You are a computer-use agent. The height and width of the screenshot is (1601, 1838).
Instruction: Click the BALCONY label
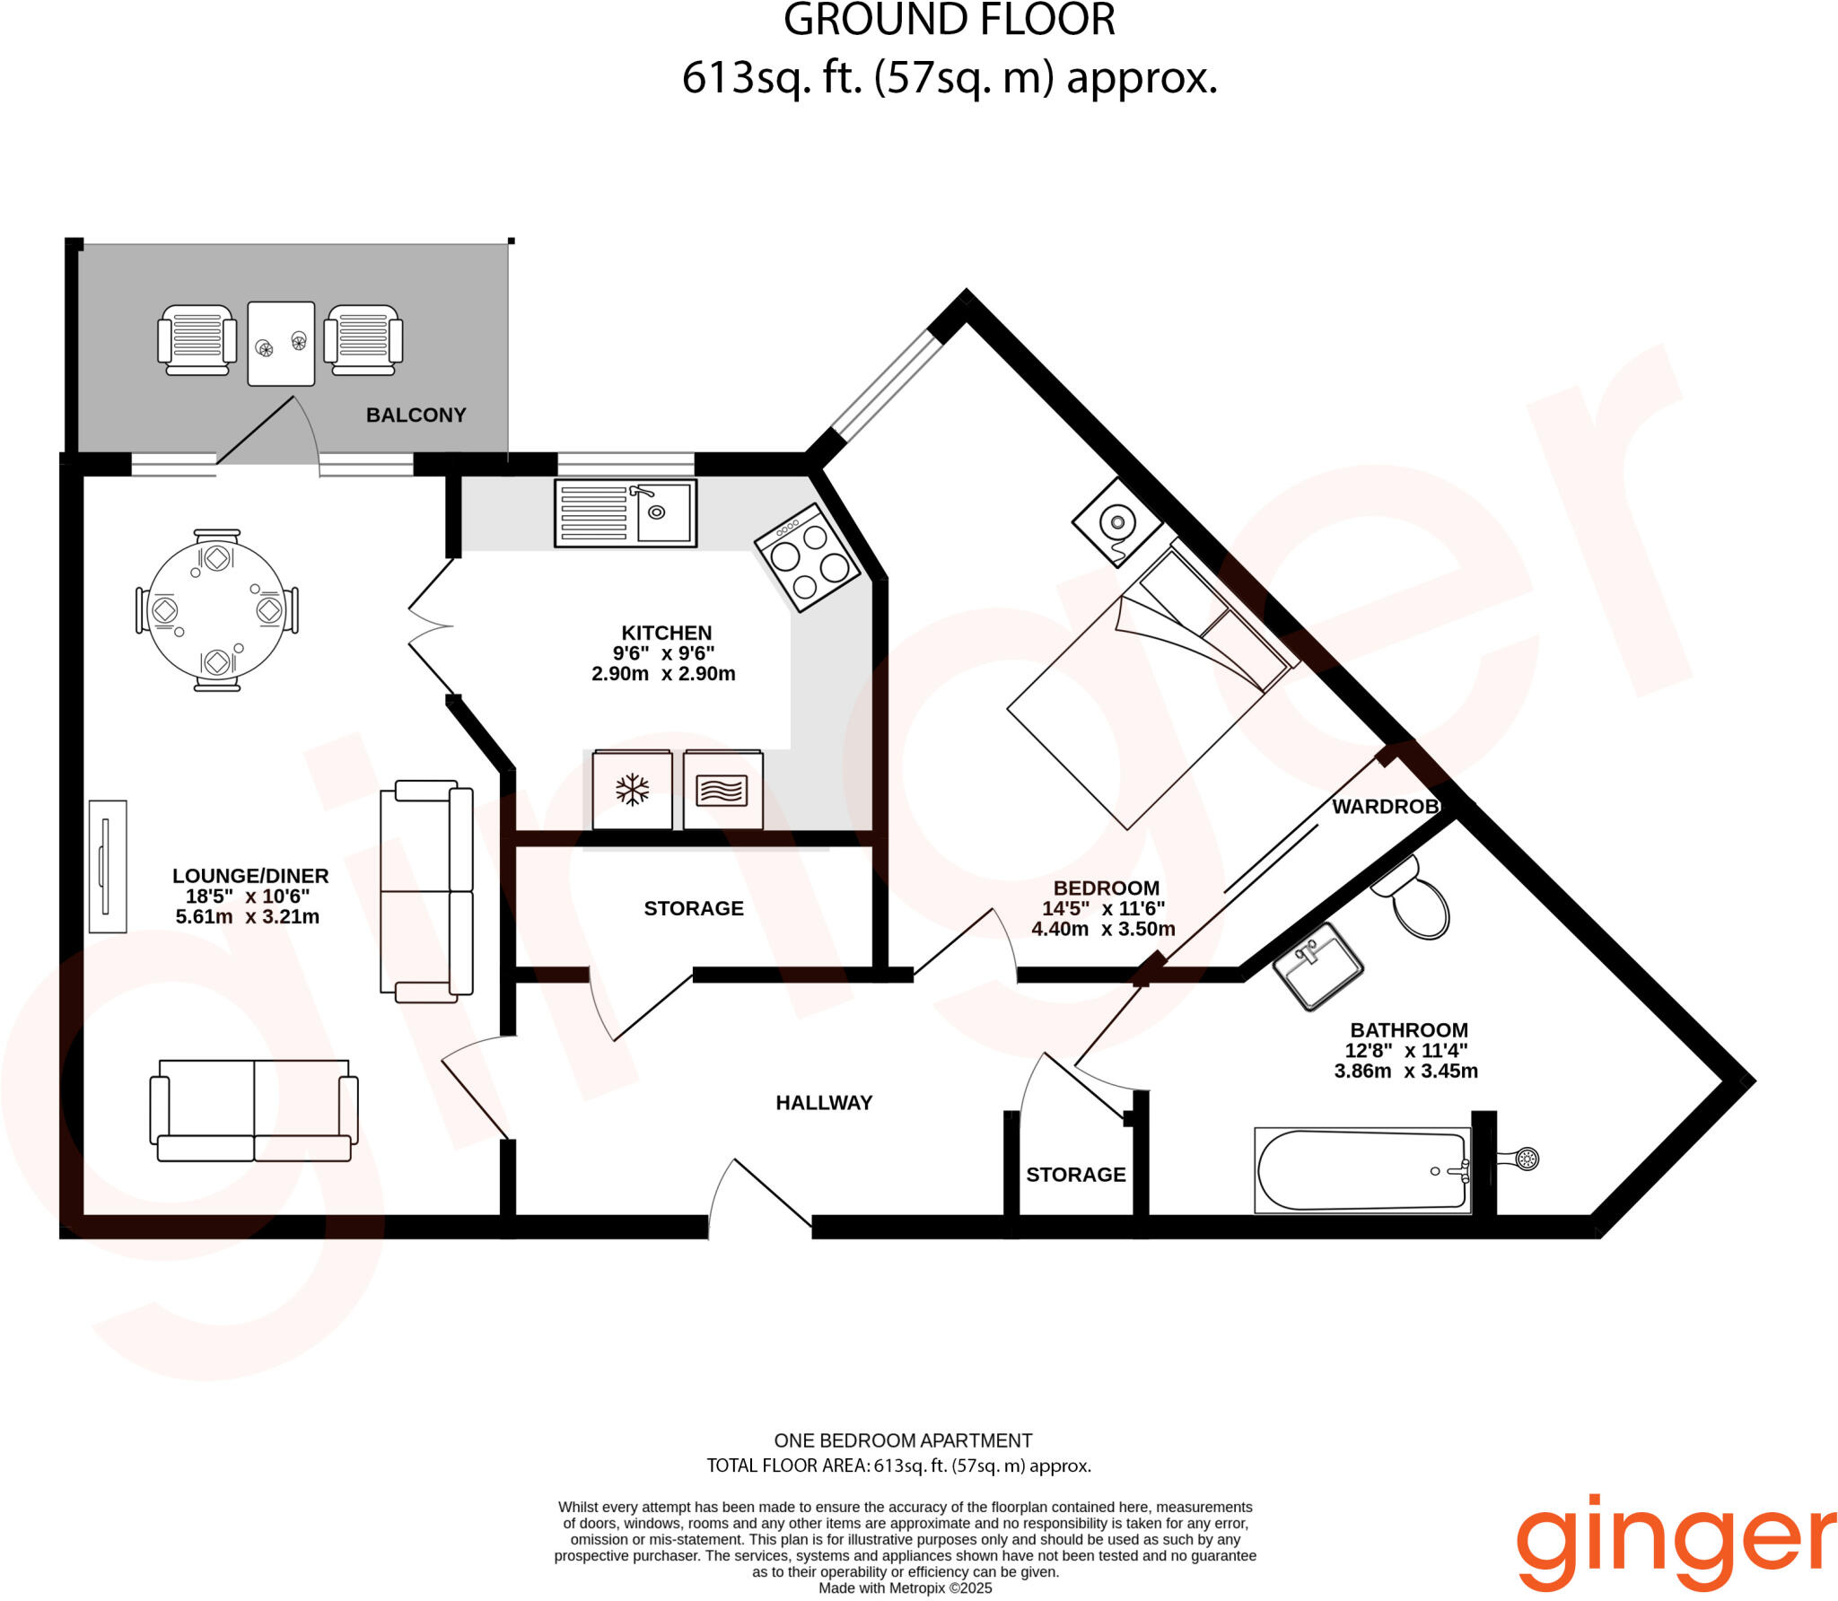[416, 415]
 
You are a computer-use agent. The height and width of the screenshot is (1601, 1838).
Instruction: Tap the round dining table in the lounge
[216, 610]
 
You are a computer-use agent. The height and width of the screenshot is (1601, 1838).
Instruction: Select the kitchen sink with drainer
[625, 513]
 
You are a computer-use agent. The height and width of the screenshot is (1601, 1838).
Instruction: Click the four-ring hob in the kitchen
[807, 558]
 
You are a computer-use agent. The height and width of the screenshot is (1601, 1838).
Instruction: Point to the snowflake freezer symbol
[632, 790]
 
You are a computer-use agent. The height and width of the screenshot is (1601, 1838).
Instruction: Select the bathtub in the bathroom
[1361, 1170]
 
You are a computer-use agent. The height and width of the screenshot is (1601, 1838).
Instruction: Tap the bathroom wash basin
[1317, 966]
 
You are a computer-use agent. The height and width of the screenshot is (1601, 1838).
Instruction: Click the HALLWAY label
[824, 1103]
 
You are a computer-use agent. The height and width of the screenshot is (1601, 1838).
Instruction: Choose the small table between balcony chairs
[281, 344]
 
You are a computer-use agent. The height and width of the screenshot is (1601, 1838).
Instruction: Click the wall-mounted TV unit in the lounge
[108, 866]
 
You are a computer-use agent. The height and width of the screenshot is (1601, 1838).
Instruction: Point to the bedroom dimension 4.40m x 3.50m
[1103, 930]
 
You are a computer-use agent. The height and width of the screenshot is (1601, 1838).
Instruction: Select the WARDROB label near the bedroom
[1385, 807]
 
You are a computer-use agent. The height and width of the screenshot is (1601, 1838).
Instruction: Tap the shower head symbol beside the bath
[1525, 1159]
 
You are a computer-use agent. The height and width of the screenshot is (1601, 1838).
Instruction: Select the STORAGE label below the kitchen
[693, 908]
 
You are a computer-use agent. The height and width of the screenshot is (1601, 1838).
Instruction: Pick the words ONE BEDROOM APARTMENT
[903, 1440]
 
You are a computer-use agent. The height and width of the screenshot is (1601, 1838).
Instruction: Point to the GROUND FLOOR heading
[949, 21]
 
